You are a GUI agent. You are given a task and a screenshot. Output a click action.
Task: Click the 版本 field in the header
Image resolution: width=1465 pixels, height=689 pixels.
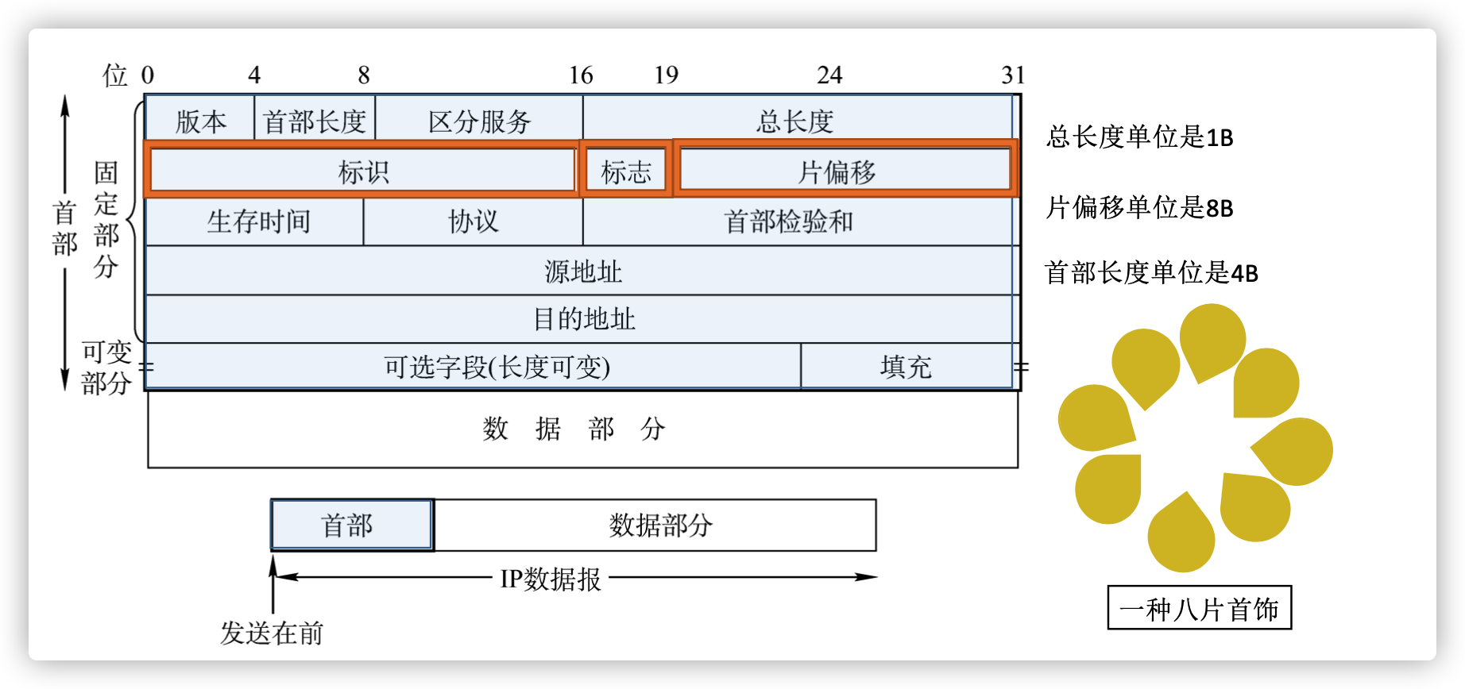pos(200,120)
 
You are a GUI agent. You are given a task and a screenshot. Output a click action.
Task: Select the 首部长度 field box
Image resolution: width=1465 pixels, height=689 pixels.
pos(315,120)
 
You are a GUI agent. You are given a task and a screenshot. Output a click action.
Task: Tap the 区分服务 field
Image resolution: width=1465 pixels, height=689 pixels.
pos(479,120)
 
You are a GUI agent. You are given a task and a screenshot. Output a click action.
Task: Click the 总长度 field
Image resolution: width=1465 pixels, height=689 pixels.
pos(798,120)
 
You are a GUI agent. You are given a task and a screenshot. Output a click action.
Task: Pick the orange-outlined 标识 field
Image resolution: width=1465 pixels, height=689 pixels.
pos(363,169)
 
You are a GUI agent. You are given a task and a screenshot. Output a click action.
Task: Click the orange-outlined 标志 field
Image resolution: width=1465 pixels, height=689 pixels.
pos(626,169)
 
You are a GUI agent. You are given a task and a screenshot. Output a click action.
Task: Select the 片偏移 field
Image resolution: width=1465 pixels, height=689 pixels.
pos(845,169)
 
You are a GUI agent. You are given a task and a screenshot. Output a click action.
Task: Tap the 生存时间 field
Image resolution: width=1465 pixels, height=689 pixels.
pos(255,221)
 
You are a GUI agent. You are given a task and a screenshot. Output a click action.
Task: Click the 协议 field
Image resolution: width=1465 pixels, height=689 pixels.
pos(473,221)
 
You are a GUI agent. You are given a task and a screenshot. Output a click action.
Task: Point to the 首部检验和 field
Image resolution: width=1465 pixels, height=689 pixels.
pos(798,221)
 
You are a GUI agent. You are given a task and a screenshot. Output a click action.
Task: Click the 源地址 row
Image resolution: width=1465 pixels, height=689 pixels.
pos(582,271)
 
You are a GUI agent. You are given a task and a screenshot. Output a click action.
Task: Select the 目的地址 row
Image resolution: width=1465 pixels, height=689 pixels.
pos(582,319)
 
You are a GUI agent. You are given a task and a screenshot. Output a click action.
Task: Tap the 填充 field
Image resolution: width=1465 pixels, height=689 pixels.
pos(906,366)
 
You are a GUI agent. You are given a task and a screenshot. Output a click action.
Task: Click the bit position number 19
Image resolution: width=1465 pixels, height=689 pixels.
pos(666,75)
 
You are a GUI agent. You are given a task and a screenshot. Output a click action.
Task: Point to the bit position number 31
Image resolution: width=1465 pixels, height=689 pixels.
pos(1013,75)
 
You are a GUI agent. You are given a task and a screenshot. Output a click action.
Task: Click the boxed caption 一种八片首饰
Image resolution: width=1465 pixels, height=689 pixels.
pos(1200,608)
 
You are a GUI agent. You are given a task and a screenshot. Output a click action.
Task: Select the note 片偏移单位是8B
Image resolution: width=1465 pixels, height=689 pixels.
pos(1139,207)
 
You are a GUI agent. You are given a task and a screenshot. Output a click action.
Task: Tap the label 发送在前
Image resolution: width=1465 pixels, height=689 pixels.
pos(272,633)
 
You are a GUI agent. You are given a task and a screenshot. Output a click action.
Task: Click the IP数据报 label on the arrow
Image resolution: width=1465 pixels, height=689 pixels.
pos(551,579)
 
